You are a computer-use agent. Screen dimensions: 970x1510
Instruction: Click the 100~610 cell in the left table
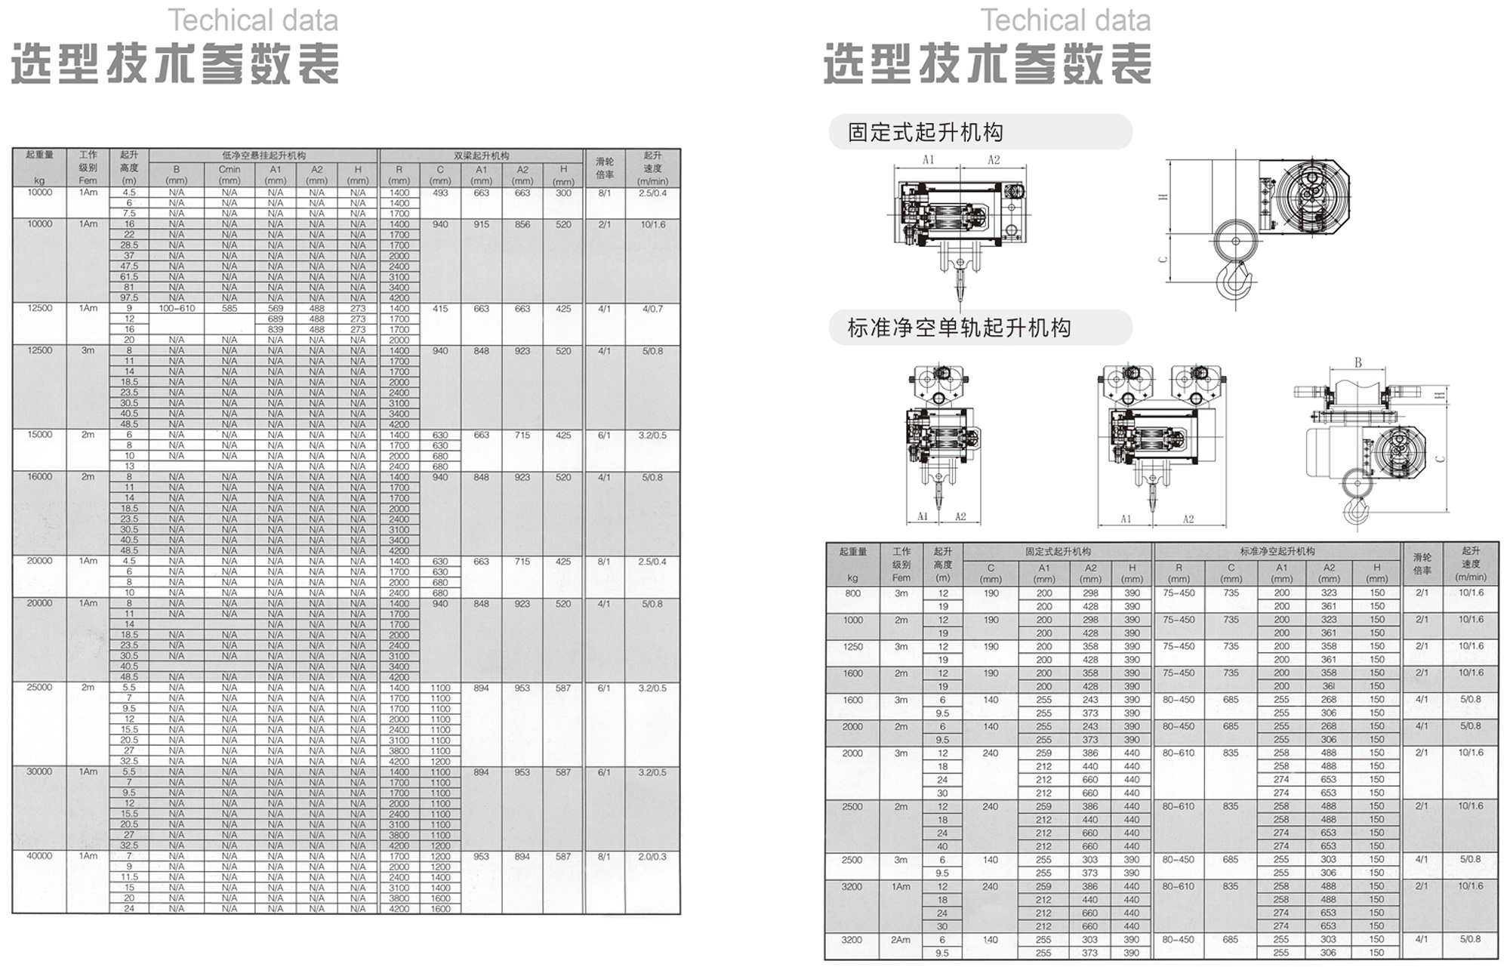177,309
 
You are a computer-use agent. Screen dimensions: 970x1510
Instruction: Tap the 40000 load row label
39,856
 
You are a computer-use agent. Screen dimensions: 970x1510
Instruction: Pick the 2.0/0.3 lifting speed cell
652,857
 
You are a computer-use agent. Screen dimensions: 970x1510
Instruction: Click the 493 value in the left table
440,193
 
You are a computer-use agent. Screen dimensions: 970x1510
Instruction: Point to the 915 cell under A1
481,225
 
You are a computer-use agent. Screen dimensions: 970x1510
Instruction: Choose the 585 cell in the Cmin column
230,309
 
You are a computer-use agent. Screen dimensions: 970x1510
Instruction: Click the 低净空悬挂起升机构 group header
263,156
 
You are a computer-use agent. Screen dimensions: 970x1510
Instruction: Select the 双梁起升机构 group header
481,156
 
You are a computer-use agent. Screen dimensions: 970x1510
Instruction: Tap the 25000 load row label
39,688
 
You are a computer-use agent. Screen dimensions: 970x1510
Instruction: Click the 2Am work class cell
901,940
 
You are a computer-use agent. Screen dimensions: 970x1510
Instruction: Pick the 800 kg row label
852,593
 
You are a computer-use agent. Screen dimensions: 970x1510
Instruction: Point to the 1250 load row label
852,647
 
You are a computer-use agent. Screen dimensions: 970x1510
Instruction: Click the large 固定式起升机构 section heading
925,133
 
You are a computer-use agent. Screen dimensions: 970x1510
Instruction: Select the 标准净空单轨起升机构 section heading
959,328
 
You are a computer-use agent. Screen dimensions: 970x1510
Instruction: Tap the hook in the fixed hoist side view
1235,281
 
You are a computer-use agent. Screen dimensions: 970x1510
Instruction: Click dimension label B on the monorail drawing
1357,363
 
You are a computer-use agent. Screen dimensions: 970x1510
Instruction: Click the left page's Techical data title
253,20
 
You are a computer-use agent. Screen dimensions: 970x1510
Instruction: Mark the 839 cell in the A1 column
276,330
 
